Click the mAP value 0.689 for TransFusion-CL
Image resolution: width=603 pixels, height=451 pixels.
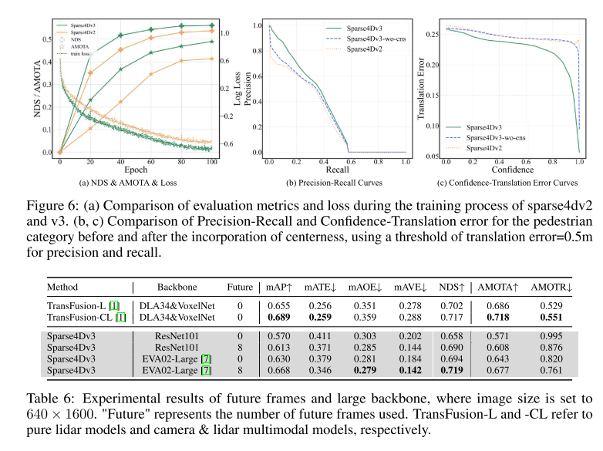[x=279, y=317]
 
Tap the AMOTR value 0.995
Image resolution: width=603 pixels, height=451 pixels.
[x=554, y=337]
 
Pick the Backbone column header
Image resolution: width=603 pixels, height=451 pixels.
[x=177, y=288]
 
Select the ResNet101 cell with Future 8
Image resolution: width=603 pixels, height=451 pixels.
[x=177, y=348]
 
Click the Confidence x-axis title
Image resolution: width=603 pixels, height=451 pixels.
[x=512, y=169]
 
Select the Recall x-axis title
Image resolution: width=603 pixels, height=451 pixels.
[x=334, y=169]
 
